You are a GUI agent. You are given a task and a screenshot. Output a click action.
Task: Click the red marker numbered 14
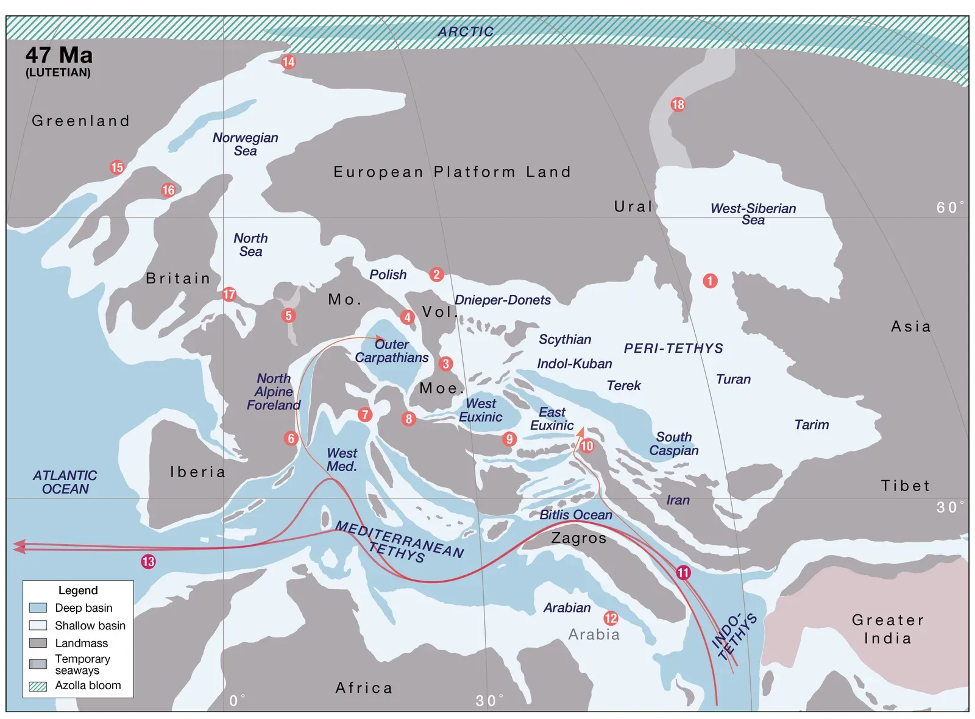click(288, 62)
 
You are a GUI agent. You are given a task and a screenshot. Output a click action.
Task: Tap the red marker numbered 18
click(678, 104)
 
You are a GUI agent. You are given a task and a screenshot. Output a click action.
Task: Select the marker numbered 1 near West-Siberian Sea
click(710, 281)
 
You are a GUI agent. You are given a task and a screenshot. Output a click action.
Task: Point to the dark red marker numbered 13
click(148, 562)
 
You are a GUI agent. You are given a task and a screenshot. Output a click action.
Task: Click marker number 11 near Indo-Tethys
click(683, 573)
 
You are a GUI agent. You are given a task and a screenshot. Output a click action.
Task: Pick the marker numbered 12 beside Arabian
click(611, 618)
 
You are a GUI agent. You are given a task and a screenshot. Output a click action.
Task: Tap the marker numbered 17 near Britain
click(229, 294)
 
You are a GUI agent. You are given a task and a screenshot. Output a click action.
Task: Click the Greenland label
click(81, 121)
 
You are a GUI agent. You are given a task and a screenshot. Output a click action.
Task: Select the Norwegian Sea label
click(246, 144)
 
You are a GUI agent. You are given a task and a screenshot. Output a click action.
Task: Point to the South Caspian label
click(673, 444)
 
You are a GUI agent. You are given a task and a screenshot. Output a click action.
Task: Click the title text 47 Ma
click(59, 55)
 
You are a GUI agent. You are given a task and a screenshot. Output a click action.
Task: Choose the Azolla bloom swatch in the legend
click(38, 686)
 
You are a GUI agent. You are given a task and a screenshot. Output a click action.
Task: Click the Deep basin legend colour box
click(38, 607)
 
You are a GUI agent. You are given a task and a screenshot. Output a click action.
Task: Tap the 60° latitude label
click(949, 208)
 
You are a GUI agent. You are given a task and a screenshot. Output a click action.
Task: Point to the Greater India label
click(888, 629)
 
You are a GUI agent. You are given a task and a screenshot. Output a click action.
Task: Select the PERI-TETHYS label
click(673, 349)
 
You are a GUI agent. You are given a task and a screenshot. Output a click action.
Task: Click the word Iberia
click(198, 472)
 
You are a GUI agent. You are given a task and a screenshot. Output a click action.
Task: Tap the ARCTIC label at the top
click(466, 32)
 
